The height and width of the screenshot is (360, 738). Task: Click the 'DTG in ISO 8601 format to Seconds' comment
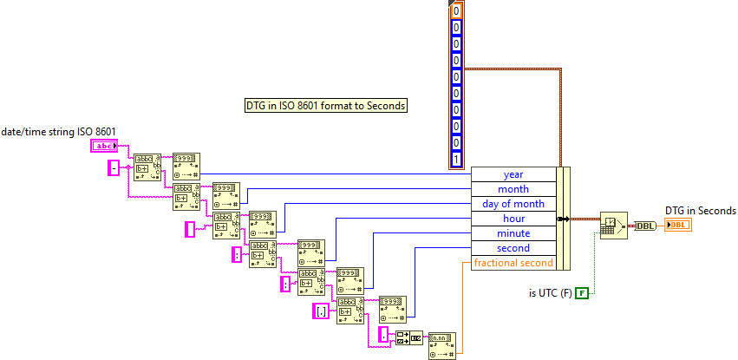point(326,106)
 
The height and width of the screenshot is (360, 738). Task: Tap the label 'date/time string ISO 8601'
point(58,131)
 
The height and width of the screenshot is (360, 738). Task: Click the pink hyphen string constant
point(113,167)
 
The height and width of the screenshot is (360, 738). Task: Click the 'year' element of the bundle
point(513,174)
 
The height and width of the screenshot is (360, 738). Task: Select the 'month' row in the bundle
point(513,189)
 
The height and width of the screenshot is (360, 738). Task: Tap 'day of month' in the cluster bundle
point(513,204)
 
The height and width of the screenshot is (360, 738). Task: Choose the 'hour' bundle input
point(513,219)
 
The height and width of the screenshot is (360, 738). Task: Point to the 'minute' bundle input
point(513,233)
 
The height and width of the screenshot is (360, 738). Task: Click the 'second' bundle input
point(513,248)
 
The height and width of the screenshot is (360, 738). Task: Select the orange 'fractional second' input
point(513,263)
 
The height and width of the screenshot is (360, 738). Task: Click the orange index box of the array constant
point(456,11)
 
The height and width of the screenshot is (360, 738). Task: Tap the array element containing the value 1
point(456,159)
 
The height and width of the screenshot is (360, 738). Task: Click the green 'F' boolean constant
point(582,292)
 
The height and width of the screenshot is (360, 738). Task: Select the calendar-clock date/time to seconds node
point(612,226)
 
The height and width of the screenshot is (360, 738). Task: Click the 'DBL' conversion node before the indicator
point(646,226)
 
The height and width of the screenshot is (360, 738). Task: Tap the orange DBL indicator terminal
point(678,226)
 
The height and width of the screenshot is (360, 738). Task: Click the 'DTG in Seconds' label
point(700,210)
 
